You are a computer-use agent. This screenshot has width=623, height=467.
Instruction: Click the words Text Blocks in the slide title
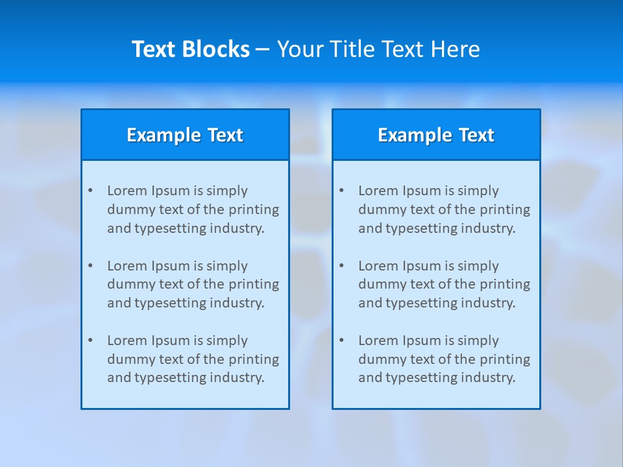click(190, 49)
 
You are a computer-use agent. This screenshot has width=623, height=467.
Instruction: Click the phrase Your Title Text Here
click(378, 49)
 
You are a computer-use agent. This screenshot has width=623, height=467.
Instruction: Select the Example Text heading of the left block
click(185, 135)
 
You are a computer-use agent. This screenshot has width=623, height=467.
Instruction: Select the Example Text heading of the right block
click(436, 135)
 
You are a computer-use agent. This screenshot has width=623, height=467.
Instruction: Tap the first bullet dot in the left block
click(90, 191)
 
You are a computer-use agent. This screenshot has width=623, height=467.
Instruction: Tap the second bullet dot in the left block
click(90, 266)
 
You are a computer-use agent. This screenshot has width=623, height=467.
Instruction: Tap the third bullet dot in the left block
click(90, 341)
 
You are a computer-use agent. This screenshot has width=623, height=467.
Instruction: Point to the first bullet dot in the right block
click(341, 191)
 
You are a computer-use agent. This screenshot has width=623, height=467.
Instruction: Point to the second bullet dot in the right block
click(341, 266)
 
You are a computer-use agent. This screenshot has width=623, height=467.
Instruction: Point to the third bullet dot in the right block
click(341, 341)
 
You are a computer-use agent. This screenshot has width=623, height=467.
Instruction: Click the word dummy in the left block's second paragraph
click(128, 284)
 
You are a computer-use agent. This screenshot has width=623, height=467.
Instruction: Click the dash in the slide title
click(263, 49)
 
